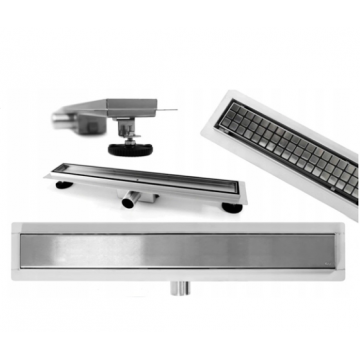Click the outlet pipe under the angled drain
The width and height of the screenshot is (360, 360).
click(x=130, y=200)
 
